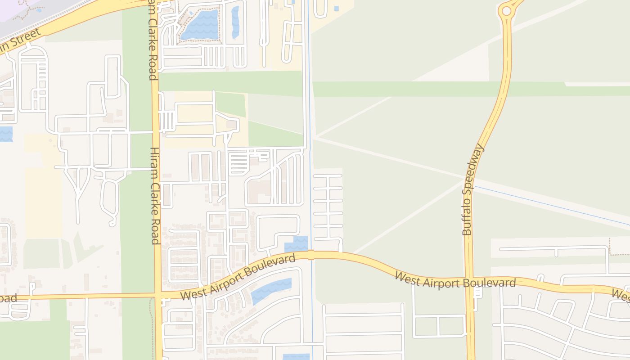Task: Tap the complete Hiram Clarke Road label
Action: tap(154, 195)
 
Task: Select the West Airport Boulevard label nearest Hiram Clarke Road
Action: tap(238, 277)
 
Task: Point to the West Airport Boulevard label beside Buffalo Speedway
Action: tap(455, 282)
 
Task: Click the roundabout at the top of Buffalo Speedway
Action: tap(507, 10)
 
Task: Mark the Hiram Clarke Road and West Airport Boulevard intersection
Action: tap(158, 295)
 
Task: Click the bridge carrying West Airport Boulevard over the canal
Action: tap(310, 255)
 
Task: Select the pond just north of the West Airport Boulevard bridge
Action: tap(296, 244)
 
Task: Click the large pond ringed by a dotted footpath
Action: tap(199, 24)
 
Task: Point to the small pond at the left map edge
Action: tap(5, 134)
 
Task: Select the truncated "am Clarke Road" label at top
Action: tap(152, 40)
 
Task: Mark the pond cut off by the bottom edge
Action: tap(296, 357)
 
